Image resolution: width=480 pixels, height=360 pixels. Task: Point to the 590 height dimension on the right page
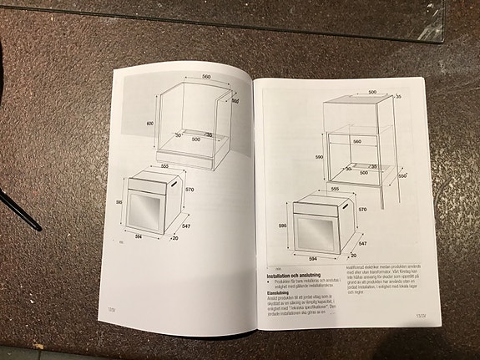click(x=318, y=156)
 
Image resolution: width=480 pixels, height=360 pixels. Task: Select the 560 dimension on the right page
click(x=356, y=142)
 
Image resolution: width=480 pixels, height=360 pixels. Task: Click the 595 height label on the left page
click(x=120, y=202)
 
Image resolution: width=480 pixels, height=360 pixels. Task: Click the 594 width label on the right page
click(x=315, y=259)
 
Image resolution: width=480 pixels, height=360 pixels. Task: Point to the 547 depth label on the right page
click(x=363, y=244)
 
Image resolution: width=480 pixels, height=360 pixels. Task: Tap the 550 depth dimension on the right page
click(x=402, y=176)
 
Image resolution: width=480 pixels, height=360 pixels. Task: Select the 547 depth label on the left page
click(x=186, y=226)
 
